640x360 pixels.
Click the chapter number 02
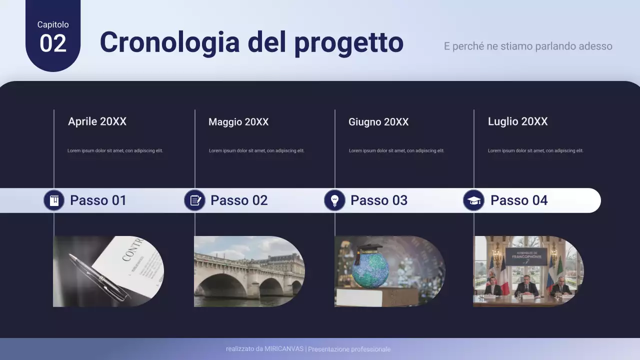point(52,43)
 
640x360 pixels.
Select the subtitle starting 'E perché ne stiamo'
point(528,46)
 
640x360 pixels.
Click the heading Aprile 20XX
point(97,121)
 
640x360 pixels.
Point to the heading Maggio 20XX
point(238,122)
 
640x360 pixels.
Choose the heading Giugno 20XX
point(378,122)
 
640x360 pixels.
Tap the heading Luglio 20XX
point(517,121)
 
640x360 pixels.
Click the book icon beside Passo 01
point(54,200)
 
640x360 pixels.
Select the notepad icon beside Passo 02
point(195,200)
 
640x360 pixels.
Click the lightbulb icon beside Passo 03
point(335,200)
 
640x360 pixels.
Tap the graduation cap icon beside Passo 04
point(473,200)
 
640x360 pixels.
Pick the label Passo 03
point(378,200)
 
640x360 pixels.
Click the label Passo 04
point(518,200)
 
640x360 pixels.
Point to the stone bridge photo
point(248,271)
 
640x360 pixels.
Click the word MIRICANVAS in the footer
point(284,349)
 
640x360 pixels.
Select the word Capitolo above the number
point(53,24)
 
